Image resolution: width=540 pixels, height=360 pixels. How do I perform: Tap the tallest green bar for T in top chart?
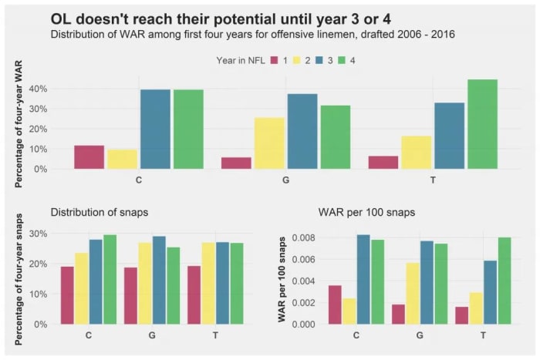482,123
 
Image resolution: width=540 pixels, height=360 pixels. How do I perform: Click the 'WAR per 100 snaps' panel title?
366,211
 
